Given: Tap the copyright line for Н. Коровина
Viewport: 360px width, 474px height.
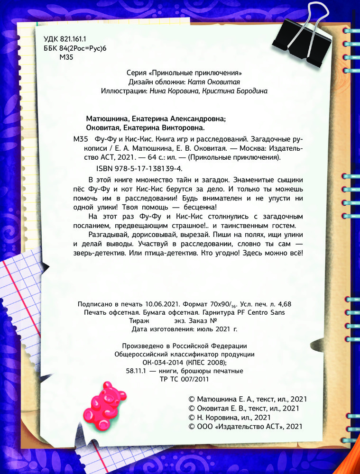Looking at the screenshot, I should (x=230, y=417).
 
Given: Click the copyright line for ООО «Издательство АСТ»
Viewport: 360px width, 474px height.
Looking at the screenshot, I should (x=245, y=427).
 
